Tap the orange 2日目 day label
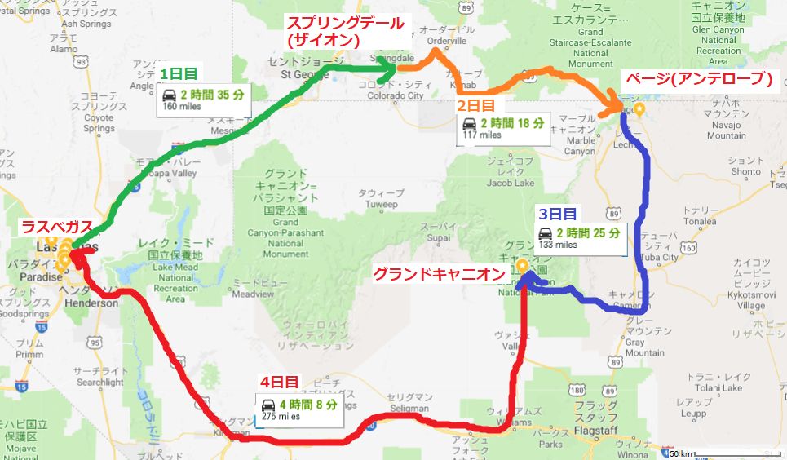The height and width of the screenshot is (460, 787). tap(474, 106)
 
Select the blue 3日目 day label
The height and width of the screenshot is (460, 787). tap(557, 215)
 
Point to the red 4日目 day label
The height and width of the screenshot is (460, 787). tap(281, 382)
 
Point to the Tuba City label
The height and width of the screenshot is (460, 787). tap(659, 257)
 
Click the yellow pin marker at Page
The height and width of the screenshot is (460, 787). tap(639, 108)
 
